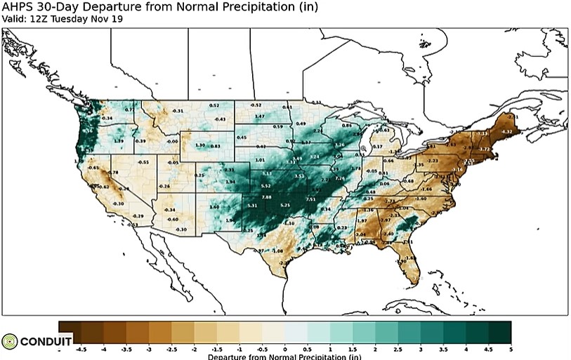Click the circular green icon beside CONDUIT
[9, 341]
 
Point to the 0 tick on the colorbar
[284, 348]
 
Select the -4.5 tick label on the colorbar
[81, 348]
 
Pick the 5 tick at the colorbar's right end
[510, 348]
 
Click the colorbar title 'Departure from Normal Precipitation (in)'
[284, 356]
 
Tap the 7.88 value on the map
[266, 198]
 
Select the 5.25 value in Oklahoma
[284, 205]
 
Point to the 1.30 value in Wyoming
[199, 145]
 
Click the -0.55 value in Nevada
[143, 162]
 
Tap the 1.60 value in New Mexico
[214, 208]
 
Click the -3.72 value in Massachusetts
[484, 149]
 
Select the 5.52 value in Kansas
[266, 185]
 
